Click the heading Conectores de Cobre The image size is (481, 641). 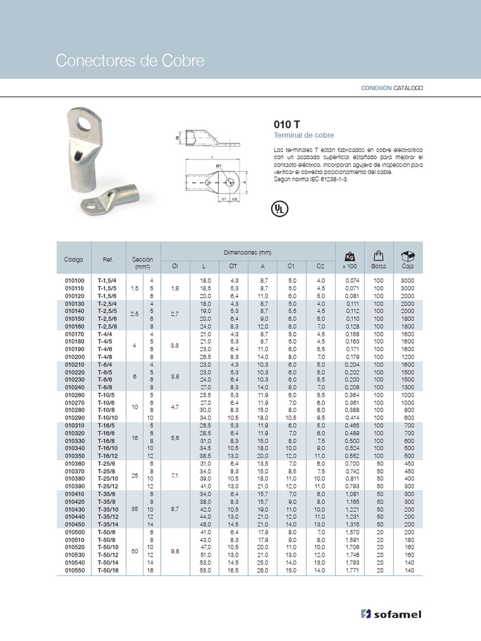tap(130, 61)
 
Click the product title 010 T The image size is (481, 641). tap(286, 124)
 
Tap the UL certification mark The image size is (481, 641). tap(279, 209)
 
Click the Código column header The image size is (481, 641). tap(73, 259)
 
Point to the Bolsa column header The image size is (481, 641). tap(378, 267)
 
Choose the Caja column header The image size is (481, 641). tap(408, 267)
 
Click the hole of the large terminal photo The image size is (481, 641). tap(86, 120)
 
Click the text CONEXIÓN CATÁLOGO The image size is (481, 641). tap(391, 88)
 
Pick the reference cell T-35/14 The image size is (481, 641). tap(107, 525)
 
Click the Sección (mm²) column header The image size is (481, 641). tap(142, 263)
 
